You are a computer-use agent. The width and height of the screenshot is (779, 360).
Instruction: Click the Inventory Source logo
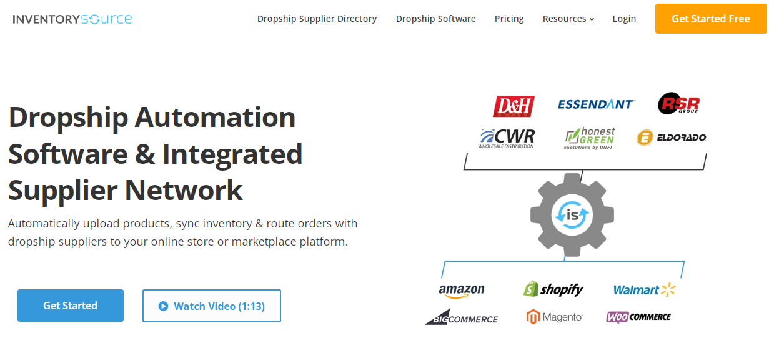click(72, 19)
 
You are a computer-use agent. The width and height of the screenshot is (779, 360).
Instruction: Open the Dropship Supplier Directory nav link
click(317, 19)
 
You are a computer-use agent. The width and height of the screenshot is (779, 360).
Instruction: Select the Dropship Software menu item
click(435, 19)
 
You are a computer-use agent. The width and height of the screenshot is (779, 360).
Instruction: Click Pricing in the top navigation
click(509, 19)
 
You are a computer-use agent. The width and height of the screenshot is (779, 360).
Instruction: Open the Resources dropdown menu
click(568, 19)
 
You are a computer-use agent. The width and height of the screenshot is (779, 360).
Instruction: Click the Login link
click(624, 19)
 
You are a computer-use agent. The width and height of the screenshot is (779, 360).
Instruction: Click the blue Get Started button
click(71, 306)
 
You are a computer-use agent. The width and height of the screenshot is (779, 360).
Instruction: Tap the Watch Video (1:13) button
click(212, 306)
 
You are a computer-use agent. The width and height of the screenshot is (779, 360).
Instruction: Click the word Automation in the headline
click(216, 117)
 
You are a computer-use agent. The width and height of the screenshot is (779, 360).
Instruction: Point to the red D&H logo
click(514, 106)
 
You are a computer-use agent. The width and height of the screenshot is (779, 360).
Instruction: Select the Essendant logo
click(596, 104)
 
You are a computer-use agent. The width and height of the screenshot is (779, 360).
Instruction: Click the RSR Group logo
click(678, 104)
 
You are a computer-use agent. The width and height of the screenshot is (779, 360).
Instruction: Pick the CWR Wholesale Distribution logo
click(507, 137)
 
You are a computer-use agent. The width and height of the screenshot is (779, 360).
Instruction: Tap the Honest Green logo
click(590, 137)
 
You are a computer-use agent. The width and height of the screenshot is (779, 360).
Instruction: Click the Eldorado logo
click(672, 137)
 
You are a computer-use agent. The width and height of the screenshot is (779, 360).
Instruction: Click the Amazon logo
click(462, 290)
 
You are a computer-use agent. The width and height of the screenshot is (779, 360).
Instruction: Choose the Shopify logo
click(553, 289)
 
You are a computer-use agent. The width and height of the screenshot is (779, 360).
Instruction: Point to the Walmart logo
click(644, 289)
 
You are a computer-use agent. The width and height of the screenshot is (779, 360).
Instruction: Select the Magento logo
click(554, 317)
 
